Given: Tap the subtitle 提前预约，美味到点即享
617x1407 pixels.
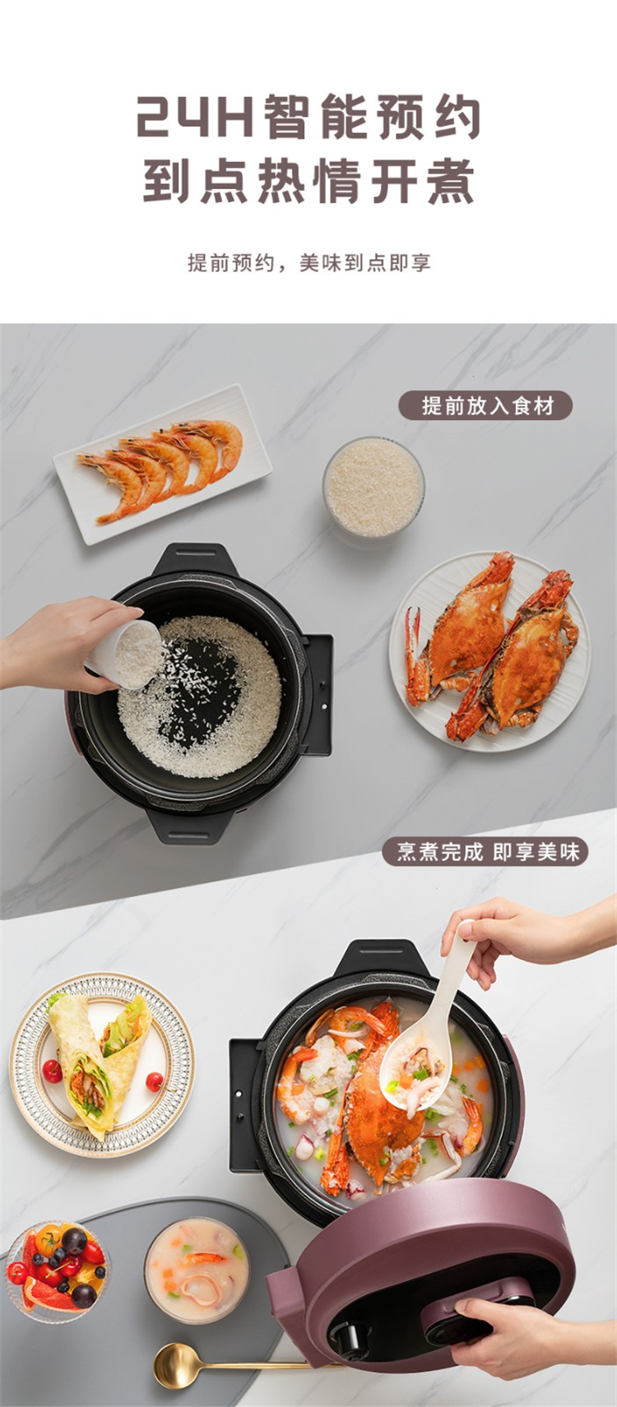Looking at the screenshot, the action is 309,262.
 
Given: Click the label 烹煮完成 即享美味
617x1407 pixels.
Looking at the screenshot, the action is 486,853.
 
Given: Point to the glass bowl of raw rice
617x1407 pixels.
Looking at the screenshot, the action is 373,488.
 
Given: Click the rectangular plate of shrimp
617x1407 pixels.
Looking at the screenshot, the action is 162,464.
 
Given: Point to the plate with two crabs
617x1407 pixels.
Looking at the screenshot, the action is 490,651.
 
